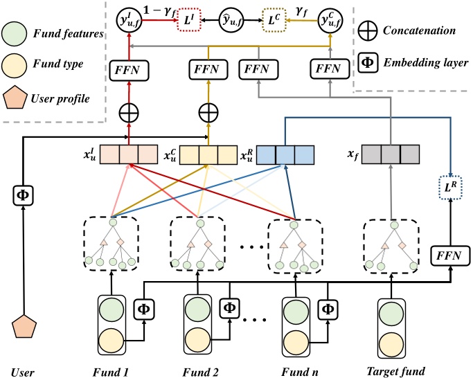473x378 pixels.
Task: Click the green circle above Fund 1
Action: [x=111, y=307]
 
